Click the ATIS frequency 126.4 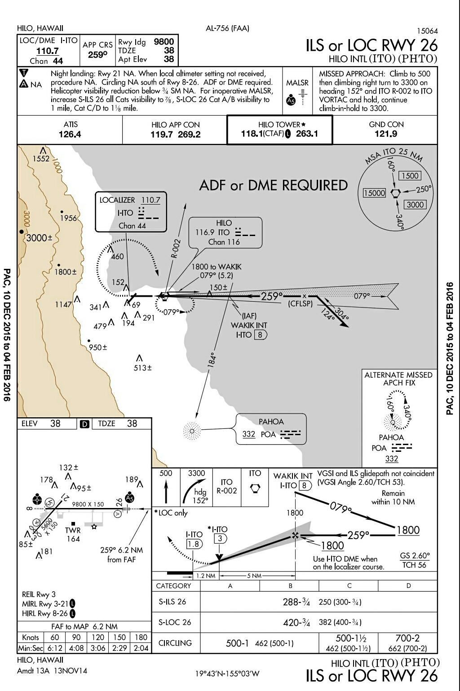tap(70, 134)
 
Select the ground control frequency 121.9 tap(386, 134)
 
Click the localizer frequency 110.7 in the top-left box tap(48, 51)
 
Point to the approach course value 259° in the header tap(97, 55)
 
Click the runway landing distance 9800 tap(164, 42)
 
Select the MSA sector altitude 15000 tap(375, 193)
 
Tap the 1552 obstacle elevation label tap(41, 159)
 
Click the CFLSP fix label tap(300, 304)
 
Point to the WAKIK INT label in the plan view tap(249, 325)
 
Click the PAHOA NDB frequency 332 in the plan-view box tap(248, 434)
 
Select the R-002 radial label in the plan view tap(176, 248)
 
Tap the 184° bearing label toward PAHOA tap(212, 359)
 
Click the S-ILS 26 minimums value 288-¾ tap(296, 602)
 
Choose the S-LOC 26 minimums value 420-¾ tap(296, 623)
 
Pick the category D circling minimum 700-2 tap(407, 638)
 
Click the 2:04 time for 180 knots tap(141, 648)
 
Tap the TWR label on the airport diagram tap(73, 531)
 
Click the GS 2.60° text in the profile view tap(415, 556)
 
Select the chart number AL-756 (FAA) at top tap(227, 28)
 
